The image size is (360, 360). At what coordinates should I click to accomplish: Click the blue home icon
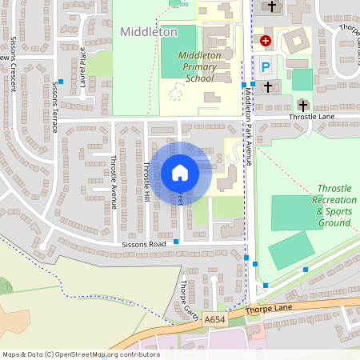[x=180, y=172]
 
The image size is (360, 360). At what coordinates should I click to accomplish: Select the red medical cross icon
[x=266, y=39]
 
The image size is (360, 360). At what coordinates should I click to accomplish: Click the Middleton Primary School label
[x=196, y=66]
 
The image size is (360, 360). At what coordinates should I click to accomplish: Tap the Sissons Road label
[x=143, y=243]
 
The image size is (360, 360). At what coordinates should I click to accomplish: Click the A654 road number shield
[x=214, y=319]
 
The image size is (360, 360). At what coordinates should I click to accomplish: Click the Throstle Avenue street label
[x=114, y=182]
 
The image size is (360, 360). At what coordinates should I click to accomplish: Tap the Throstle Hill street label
[x=146, y=182]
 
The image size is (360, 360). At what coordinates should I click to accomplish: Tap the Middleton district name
[x=148, y=32]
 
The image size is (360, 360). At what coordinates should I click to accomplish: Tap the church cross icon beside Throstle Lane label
[x=303, y=105]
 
